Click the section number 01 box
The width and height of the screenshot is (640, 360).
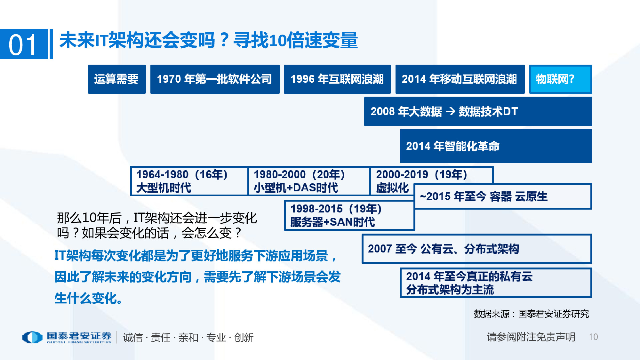(x=24, y=44)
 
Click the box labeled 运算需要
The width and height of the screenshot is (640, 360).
(x=116, y=79)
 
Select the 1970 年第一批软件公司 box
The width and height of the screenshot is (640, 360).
(x=215, y=79)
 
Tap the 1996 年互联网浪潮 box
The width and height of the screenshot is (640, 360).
(x=337, y=79)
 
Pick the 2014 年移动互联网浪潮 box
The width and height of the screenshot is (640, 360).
(x=460, y=79)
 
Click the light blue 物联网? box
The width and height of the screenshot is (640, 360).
(x=560, y=79)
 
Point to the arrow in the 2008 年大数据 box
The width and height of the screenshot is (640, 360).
(x=451, y=111)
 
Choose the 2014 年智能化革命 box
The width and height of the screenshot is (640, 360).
(x=495, y=146)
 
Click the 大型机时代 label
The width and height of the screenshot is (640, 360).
(x=164, y=188)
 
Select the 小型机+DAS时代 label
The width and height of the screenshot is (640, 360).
(x=296, y=188)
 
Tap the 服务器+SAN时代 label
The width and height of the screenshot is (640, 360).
(x=332, y=222)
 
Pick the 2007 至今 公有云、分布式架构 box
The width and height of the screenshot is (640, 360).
(x=476, y=249)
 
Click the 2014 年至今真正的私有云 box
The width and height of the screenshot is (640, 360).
(x=495, y=283)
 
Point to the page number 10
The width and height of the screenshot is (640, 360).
(x=593, y=337)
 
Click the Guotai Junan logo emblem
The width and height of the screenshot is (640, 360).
(x=32, y=337)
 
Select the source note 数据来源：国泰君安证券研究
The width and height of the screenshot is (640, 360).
(x=531, y=314)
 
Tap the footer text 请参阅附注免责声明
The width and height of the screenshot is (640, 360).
(x=531, y=337)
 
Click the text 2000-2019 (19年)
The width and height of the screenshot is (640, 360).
(x=421, y=175)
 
